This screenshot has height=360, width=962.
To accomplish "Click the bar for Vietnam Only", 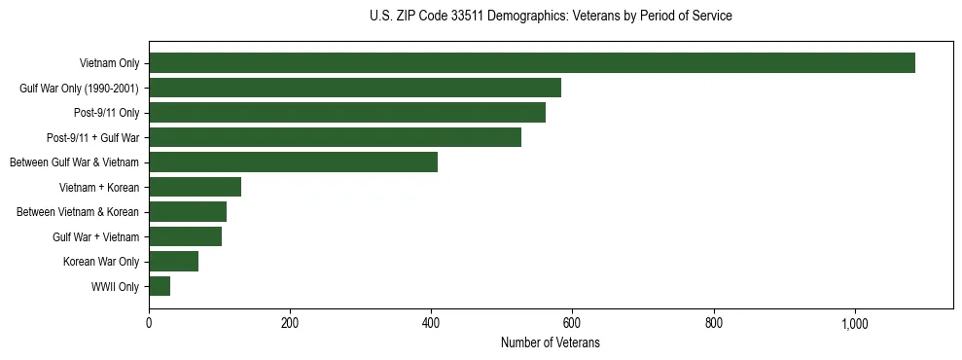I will coord(532,63).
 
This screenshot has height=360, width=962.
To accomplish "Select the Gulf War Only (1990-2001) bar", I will coord(355,88).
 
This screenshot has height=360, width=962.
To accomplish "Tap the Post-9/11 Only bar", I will coord(347,113).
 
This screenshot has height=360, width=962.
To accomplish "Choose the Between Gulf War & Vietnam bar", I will coord(294,162).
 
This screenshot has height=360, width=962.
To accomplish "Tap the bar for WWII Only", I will coord(160,286).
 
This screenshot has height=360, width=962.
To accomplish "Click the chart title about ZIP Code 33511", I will coord(551,17).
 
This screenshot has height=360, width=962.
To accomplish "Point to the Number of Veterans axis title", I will coord(551,343).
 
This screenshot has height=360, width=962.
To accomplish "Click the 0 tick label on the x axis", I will coord(149,324).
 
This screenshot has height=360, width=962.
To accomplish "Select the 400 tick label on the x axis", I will coord(431,324).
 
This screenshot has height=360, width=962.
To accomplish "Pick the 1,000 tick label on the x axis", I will coord(855,324).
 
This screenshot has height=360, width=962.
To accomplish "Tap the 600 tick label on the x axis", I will coord(573,324).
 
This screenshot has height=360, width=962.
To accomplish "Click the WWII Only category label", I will coord(115,287).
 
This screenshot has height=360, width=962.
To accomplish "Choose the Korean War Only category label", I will coord(101,262).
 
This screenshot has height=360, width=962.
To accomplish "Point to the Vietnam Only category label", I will coord(109,64).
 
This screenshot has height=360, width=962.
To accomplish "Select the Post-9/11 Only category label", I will coord(106,114).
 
